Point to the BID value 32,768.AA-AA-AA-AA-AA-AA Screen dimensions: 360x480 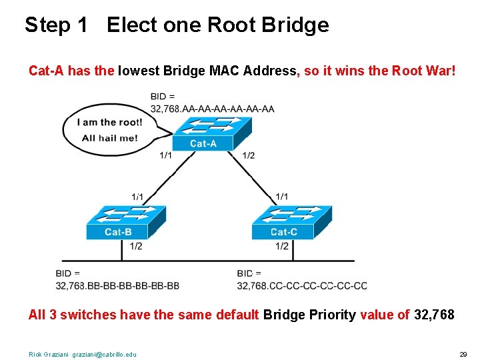click(x=212, y=109)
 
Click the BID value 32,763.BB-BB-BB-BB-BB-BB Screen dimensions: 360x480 click(x=118, y=286)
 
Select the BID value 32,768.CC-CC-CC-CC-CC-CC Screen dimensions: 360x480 click(x=301, y=286)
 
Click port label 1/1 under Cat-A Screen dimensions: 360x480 click(x=165, y=155)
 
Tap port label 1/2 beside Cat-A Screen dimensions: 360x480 click(x=248, y=155)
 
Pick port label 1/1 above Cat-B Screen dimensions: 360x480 click(x=137, y=196)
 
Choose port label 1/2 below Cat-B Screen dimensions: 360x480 click(x=135, y=246)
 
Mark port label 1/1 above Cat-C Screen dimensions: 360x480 click(x=281, y=196)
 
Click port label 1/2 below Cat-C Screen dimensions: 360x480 click(x=281, y=246)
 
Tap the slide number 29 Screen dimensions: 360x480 click(x=463, y=354)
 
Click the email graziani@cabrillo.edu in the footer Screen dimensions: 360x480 click(x=104, y=354)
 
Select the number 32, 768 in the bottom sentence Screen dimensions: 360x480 click(x=434, y=315)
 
